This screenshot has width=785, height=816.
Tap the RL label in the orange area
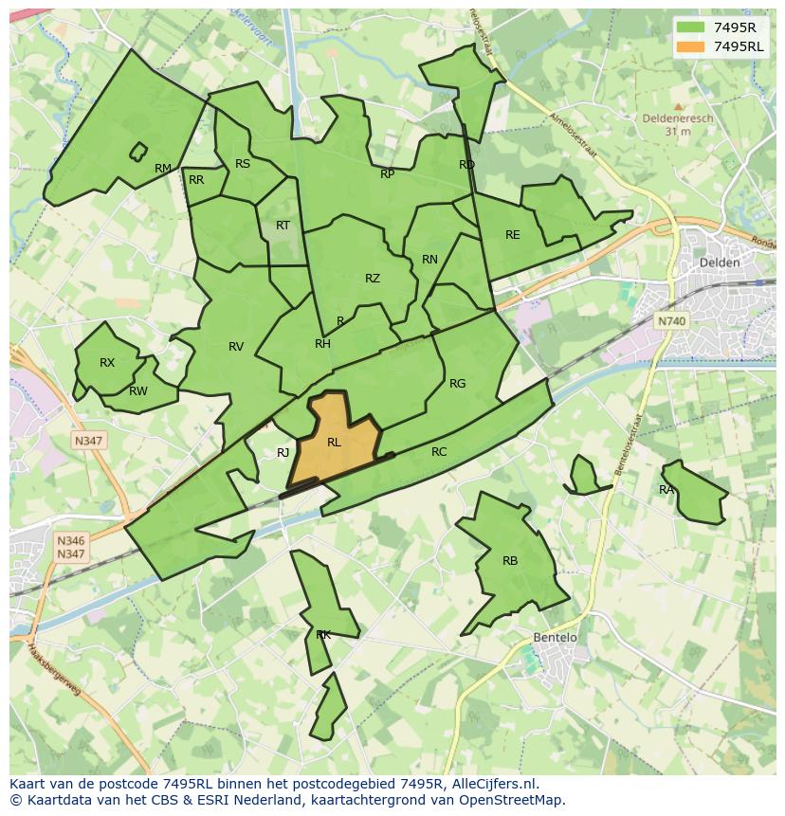334,443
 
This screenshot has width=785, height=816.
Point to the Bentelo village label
555,638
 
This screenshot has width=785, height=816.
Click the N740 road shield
670,321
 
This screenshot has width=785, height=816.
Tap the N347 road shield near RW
89,441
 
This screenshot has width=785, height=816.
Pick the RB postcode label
510,561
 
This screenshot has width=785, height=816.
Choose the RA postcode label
666,490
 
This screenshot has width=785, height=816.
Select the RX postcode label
107,363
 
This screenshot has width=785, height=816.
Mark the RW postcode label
138,391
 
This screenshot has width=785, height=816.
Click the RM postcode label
163,169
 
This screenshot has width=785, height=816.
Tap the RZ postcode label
373,279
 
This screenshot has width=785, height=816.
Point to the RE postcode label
513,235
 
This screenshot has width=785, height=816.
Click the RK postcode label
323,635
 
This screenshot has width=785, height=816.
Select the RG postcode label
458,384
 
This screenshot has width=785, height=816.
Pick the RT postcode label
283,226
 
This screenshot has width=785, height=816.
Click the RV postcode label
236,347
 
